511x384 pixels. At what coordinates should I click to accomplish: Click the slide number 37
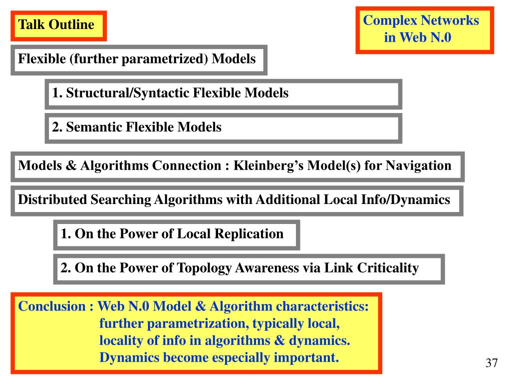492,363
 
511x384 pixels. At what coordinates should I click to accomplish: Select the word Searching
120,200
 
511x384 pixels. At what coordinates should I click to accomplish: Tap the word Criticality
388,268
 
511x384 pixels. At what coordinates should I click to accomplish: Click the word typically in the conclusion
281,323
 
